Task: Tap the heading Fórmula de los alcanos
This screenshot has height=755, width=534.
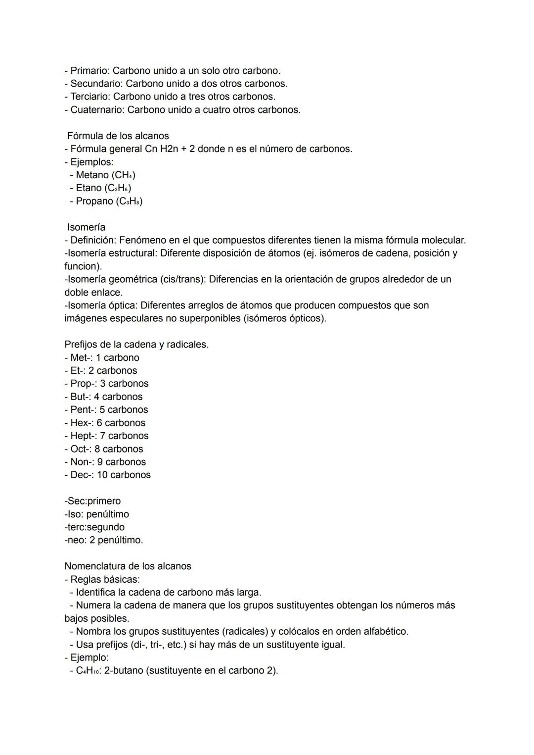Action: [118, 136]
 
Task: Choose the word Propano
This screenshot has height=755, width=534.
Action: [94, 201]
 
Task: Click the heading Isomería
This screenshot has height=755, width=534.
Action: [86, 227]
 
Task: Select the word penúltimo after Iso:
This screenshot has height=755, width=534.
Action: [107, 514]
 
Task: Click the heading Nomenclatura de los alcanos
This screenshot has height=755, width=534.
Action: [128, 566]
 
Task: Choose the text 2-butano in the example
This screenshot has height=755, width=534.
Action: [124, 670]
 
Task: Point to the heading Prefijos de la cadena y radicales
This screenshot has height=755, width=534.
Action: [136, 344]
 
